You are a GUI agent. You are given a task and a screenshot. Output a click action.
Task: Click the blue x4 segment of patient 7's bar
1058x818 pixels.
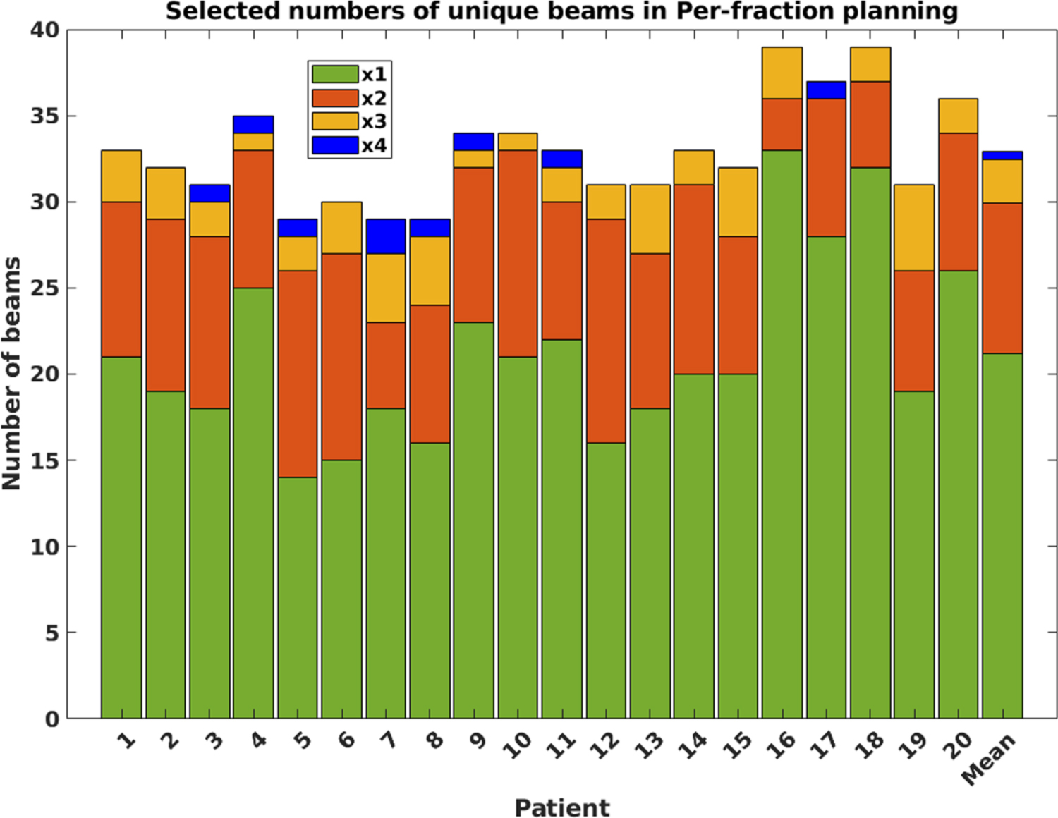point(386,236)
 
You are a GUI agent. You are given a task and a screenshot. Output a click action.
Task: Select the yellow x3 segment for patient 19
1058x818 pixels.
point(914,228)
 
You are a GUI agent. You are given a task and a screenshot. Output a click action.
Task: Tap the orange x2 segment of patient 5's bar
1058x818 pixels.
point(297,374)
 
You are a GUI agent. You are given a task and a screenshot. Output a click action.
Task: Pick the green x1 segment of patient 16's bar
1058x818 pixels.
point(782,434)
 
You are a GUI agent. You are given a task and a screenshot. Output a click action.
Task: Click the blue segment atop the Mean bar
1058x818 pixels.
point(1002,155)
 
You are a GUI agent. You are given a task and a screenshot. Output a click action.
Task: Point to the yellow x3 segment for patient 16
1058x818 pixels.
point(782,73)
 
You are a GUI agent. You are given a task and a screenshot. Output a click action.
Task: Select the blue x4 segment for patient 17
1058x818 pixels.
point(826,90)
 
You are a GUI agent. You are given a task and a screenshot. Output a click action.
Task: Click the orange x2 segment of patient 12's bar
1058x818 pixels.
point(606,331)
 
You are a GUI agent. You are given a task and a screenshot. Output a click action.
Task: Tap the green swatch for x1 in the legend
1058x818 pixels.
point(335,74)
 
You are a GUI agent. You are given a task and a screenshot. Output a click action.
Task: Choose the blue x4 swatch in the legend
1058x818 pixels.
point(335,145)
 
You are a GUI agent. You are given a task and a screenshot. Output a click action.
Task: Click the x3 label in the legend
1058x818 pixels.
point(374,122)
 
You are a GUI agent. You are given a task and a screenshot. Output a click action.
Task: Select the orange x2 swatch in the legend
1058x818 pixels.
point(335,98)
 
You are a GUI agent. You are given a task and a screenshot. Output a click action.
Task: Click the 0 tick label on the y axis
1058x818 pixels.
point(52,719)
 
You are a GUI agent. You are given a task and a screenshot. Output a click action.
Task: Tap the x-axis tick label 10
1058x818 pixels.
point(518,745)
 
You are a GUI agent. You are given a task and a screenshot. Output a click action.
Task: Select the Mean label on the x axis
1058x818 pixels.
point(989,759)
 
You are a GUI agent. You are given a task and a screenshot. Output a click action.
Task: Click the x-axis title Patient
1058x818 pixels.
point(561,807)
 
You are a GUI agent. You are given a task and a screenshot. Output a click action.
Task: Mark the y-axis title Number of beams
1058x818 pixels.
point(12,374)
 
